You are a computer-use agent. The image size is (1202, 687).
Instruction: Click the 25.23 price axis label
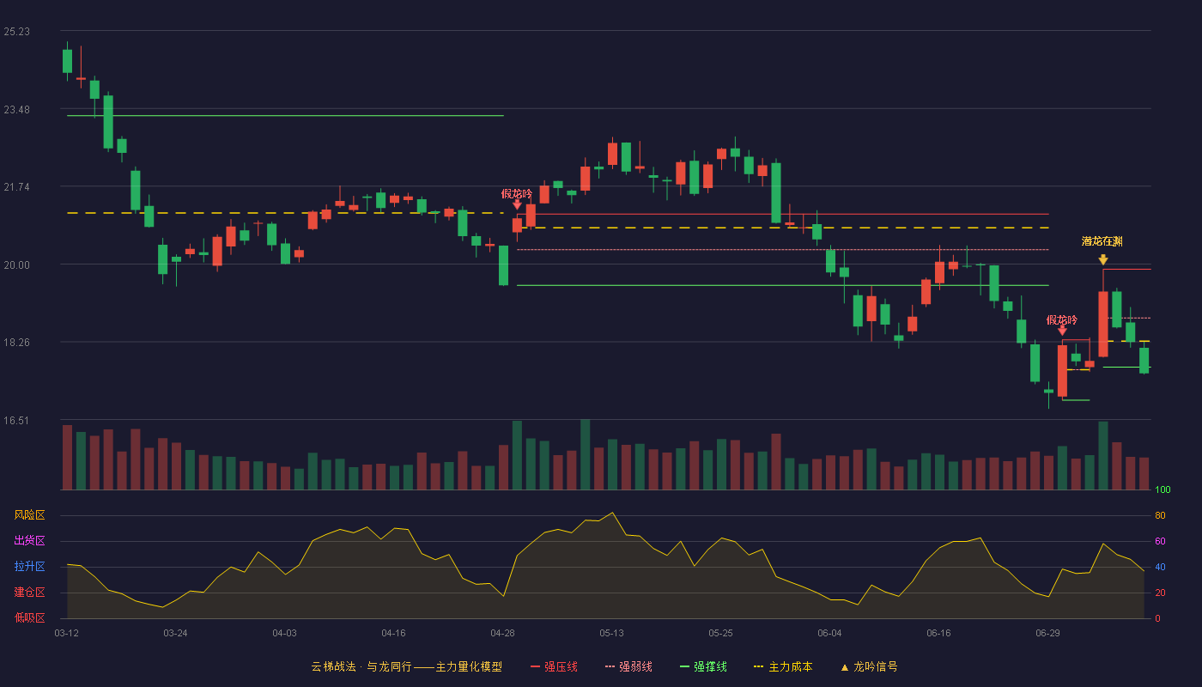pos(16,32)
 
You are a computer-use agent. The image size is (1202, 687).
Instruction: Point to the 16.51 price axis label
pos(16,421)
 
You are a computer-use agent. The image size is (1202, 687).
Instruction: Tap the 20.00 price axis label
pos(16,265)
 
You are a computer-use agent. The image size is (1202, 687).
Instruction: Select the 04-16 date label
pos(393,634)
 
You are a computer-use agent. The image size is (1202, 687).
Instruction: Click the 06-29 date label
pos(1047,634)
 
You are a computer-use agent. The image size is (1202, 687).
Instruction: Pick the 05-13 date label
pos(611,634)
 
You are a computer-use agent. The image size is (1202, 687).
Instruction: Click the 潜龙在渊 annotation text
pos(1102,241)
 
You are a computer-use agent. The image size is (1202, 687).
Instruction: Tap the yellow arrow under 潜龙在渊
pos(1103,259)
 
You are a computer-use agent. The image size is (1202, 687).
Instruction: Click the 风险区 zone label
pos(29,515)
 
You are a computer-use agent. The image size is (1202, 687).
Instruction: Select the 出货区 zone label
pos(29,540)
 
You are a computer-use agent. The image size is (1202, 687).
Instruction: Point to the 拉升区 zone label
pos(29,566)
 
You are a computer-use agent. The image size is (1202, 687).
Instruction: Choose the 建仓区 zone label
pos(29,592)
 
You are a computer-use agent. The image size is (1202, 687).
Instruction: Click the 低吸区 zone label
pos(29,617)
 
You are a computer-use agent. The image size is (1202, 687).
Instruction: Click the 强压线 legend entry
pos(554,666)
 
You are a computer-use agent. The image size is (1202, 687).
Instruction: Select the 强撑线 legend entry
pos(703,666)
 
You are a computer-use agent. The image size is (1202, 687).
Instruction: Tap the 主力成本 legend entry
pos(783,666)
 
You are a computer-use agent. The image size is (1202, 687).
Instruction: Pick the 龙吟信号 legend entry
pos(869,666)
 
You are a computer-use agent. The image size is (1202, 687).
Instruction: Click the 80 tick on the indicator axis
pos(1160,515)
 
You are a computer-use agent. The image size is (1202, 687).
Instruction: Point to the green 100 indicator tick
pos(1163,489)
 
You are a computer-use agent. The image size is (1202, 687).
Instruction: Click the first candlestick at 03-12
pos(67,61)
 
